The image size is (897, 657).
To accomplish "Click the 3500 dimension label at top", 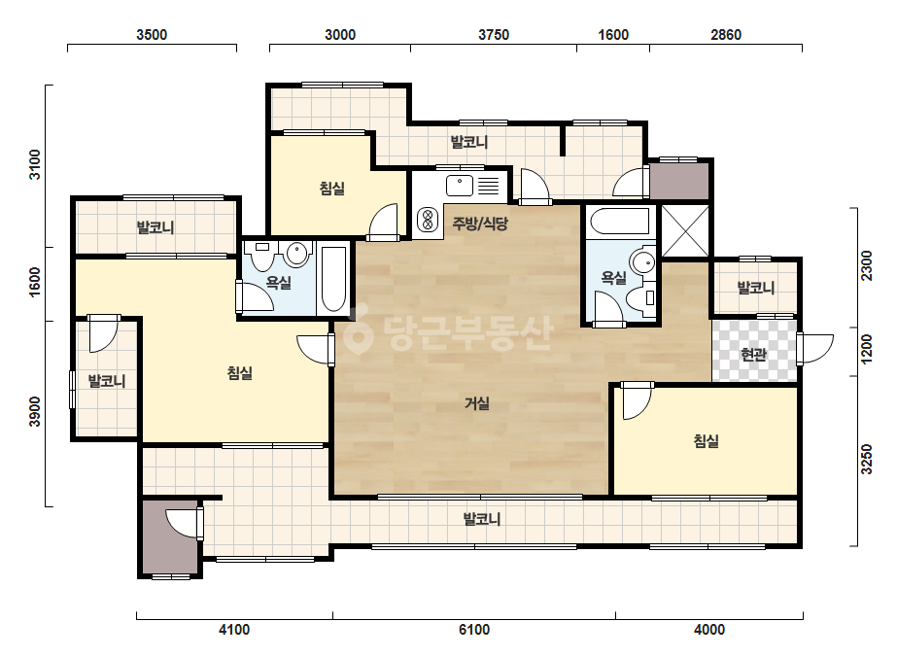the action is click(152, 35).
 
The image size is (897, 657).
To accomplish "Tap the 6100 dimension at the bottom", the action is click(474, 630).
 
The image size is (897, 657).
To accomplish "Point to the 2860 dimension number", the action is click(726, 35).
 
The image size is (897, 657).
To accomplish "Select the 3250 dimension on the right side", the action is click(867, 459).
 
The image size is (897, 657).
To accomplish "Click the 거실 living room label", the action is click(476, 403).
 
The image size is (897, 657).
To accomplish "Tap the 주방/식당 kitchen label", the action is click(480, 224).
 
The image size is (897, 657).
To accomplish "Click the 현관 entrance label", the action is click(753, 355).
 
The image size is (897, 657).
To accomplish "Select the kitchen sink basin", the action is click(460, 186).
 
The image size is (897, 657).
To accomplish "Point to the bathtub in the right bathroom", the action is click(620, 221).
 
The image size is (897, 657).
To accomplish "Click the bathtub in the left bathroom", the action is click(333, 279).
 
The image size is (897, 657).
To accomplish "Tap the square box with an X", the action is click(685, 231).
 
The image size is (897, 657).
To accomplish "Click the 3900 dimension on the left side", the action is click(35, 411).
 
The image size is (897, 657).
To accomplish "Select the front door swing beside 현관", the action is click(815, 349).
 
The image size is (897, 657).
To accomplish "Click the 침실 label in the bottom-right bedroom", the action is click(706, 440).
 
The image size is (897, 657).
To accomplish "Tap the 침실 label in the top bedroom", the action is click(331, 188).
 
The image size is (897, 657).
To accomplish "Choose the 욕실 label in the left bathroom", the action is click(279, 282).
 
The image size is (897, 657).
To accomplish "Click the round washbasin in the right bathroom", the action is click(642, 262).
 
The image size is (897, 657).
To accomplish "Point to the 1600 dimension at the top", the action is click(613, 35).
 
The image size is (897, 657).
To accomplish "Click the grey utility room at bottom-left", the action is click(170, 538).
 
